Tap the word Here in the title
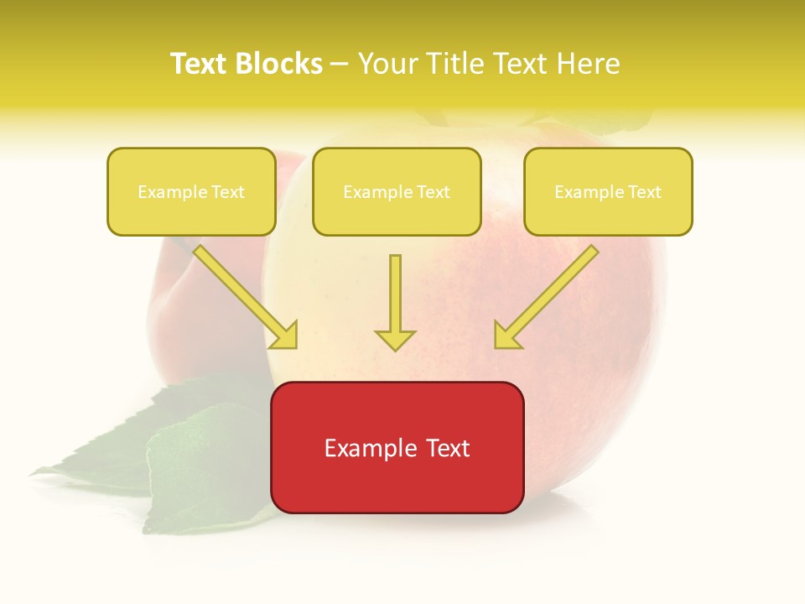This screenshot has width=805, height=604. coord(589,64)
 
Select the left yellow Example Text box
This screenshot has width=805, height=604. coord(191,191)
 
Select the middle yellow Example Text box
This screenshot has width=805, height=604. coord(397,191)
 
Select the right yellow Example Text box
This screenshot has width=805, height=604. coord(608,191)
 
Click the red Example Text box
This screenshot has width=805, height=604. coord(397,447)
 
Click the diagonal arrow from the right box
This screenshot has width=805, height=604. coord(553,289)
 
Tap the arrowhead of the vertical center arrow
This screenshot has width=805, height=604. coord(395,339)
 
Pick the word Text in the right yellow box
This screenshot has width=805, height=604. coord(644,192)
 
